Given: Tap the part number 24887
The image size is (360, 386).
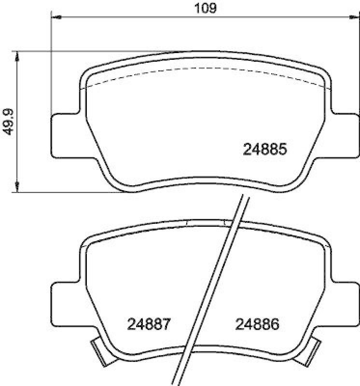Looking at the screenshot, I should click(x=149, y=324).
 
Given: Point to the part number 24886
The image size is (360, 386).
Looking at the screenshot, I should click(x=257, y=324).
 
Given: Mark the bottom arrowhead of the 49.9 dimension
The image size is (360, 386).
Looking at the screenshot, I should click(x=17, y=186).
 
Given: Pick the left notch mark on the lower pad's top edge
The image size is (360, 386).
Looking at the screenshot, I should click(x=186, y=222).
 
